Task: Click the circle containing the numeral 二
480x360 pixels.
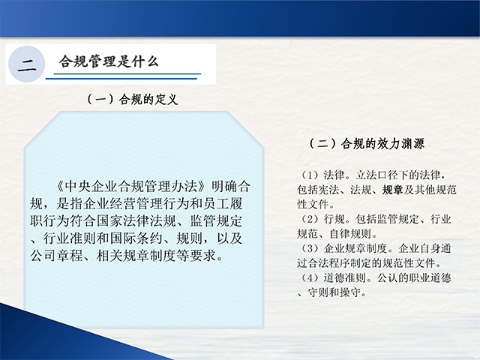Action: (x=27, y=64)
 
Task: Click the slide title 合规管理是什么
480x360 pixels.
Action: (x=109, y=61)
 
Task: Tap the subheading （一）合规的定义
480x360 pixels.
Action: (x=132, y=100)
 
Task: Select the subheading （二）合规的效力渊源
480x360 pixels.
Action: (x=367, y=143)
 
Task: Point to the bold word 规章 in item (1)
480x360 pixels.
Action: (x=392, y=190)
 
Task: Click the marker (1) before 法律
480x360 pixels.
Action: (x=310, y=175)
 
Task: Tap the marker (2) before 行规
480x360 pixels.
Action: (x=310, y=219)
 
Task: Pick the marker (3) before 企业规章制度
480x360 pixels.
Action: (x=310, y=248)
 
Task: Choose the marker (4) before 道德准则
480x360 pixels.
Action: (x=310, y=277)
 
